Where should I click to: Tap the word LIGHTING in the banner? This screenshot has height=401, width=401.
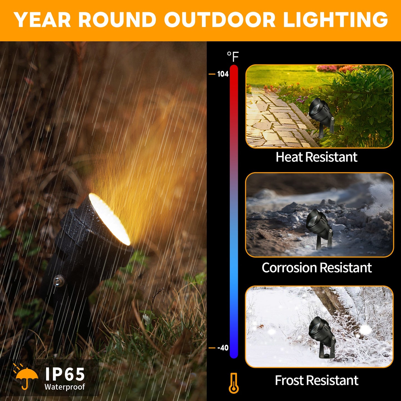(x=336, y=20)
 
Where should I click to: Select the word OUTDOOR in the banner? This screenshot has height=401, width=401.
(x=220, y=20)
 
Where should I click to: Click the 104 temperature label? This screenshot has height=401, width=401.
(x=223, y=74)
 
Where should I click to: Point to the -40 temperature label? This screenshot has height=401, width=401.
(x=223, y=348)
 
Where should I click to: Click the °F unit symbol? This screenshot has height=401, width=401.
(x=233, y=57)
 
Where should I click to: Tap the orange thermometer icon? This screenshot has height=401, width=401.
(x=234, y=383)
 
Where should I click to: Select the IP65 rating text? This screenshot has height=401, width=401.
(x=65, y=374)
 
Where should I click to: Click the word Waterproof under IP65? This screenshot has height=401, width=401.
(x=65, y=387)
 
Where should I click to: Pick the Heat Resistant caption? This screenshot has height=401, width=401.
(x=316, y=157)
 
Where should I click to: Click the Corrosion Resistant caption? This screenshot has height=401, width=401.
(x=317, y=268)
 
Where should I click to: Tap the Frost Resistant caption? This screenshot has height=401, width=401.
(x=317, y=380)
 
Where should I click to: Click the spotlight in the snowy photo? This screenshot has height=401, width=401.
(x=321, y=336)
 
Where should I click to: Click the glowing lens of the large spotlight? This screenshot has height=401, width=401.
(x=109, y=219)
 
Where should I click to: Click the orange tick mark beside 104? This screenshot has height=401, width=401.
(x=212, y=74)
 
